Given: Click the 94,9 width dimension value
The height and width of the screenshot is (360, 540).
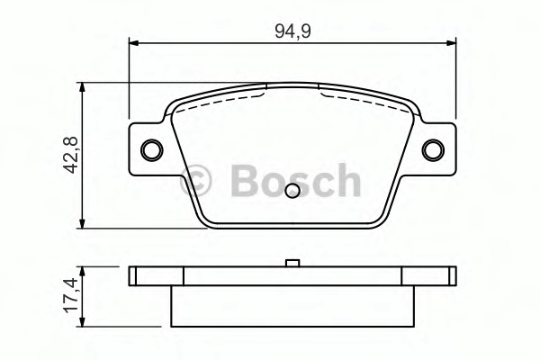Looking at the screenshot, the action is (292, 31).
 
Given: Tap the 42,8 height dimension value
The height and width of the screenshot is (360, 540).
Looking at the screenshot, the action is (71, 155).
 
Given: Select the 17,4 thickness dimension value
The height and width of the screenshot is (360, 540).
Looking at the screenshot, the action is (71, 295).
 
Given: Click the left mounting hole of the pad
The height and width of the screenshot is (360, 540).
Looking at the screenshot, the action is (152, 150).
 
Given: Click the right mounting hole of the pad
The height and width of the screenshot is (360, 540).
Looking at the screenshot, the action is (433, 150).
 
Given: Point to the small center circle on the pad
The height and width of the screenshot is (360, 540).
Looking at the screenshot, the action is (292, 191).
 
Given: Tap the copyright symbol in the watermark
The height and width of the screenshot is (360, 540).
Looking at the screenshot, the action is (195, 180).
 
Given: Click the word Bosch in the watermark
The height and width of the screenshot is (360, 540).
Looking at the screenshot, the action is (295, 180).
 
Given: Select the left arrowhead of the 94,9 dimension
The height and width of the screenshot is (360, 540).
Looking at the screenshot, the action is (133, 43).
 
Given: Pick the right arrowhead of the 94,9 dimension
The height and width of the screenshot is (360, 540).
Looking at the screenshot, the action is (451, 43).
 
